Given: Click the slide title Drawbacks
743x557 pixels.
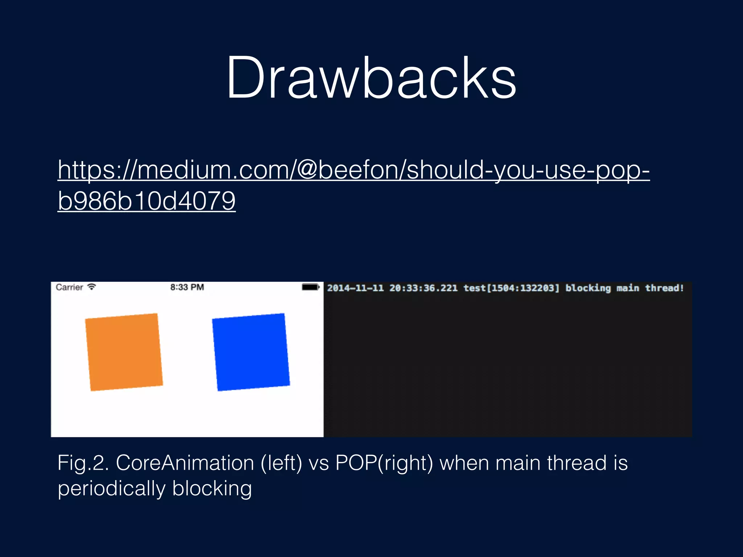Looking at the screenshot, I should [371, 78].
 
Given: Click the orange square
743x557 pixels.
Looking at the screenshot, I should [124, 352].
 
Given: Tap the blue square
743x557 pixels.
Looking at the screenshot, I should [251, 352].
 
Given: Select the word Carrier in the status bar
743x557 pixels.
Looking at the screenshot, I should [69, 288].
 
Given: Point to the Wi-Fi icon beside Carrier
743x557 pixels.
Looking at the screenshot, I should [92, 287].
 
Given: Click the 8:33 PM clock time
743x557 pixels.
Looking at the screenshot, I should [187, 288].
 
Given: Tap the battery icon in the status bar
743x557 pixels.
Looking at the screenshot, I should [311, 287].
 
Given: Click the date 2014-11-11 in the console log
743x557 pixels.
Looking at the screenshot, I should [355, 288].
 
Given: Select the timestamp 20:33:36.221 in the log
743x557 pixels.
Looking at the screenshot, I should [423, 288].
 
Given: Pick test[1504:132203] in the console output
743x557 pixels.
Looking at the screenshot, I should [512, 288].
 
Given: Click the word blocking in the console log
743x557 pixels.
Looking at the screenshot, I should [588, 288].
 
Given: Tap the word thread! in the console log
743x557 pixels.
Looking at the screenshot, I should [664, 288].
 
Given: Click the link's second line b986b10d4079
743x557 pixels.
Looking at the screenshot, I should [147, 201].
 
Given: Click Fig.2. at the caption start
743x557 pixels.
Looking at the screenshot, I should [83, 463].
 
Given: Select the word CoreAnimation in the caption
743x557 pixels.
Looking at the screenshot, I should [185, 463].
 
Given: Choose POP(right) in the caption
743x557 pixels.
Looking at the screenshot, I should [384, 463].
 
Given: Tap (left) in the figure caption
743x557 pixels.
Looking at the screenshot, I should [282, 463].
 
